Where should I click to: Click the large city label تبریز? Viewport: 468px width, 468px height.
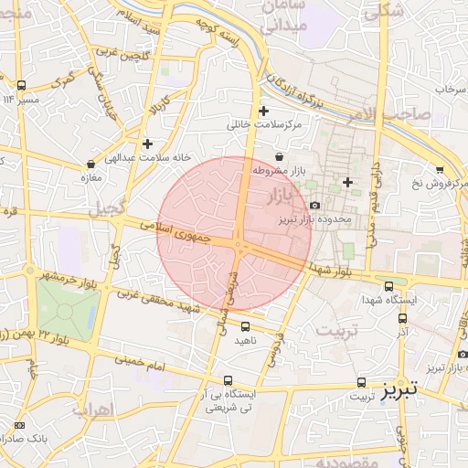coord(399,388)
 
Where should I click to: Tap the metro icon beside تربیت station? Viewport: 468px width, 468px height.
coord(362,383)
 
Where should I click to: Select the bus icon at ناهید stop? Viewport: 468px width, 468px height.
coord(245,326)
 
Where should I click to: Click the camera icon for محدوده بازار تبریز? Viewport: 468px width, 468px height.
coord(315,207)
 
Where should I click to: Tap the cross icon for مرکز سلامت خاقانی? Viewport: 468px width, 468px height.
coord(263,111)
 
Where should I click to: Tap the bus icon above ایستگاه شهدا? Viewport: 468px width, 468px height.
coord(390,286)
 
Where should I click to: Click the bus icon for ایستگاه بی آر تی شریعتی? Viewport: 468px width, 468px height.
coord(228,380)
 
